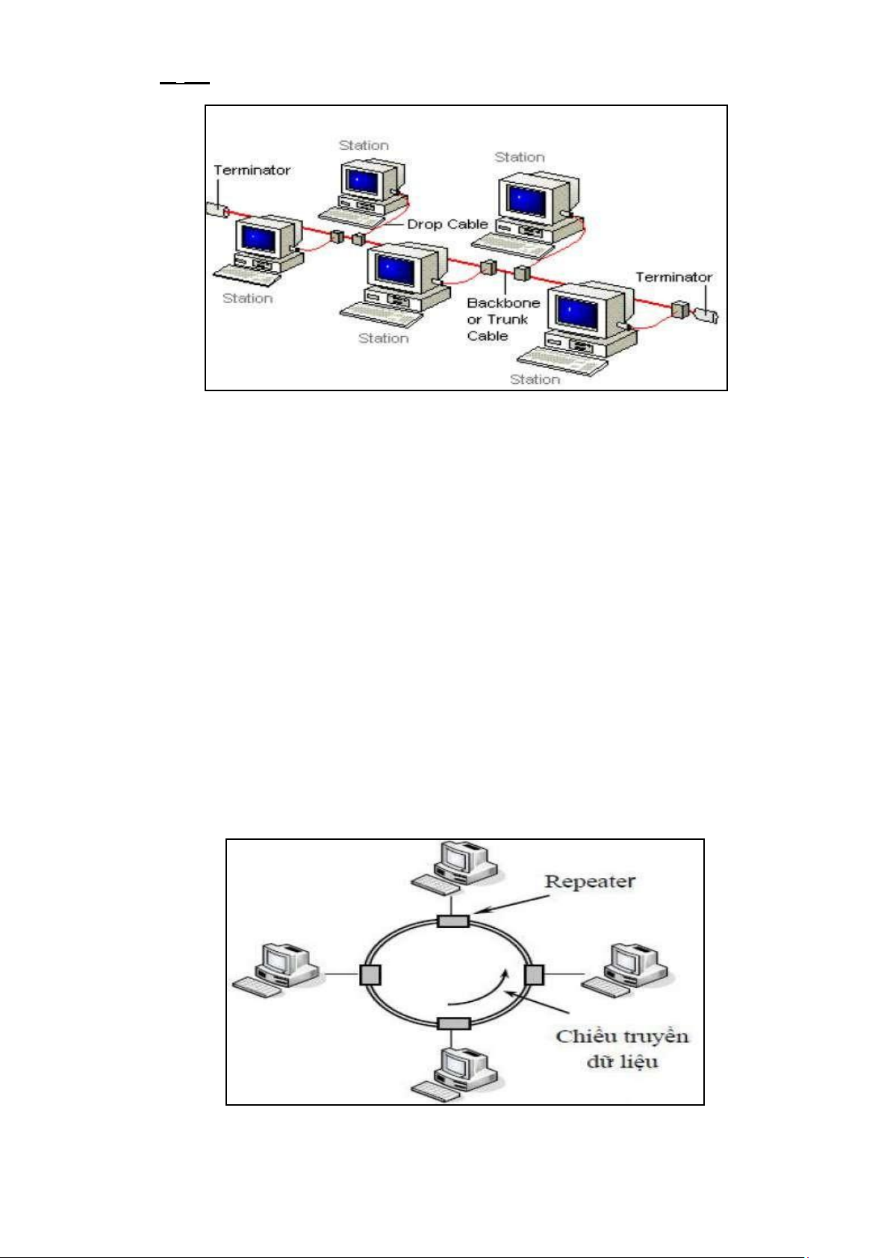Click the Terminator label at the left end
pyautogui.click(x=252, y=170)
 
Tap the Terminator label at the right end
pyautogui.click(x=673, y=277)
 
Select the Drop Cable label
pyautogui.click(x=447, y=224)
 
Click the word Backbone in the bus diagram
pyautogui.click(x=503, y=303)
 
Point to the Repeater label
pyautogui.click(x=590, y=881)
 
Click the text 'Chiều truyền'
pyautogui.click(x=622, y=1036)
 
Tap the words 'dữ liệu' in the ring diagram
pyautogui.click(x=622, y=1061)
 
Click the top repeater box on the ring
pyautogui.click(x=452, y=921)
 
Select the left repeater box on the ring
pyautogui.click(x=370, y=974)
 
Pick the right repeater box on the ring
pyautogui.click(x=534, y=974)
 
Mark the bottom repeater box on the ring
pyautogui.click(x=452, y=1024)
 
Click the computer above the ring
pyautogui.click(x=457, y=866)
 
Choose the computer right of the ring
pyautogui.click(x=627, y=969)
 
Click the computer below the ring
pyautogui.click(x=457, y=1074)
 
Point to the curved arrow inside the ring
pyautogui.click(x=482, y=990)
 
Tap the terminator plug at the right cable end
pyautogui.click(x=706, y=315)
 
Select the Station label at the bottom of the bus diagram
pyautogui.click(x=535, y=379)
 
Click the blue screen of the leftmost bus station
pyautogui.click(x=258, y=238)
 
